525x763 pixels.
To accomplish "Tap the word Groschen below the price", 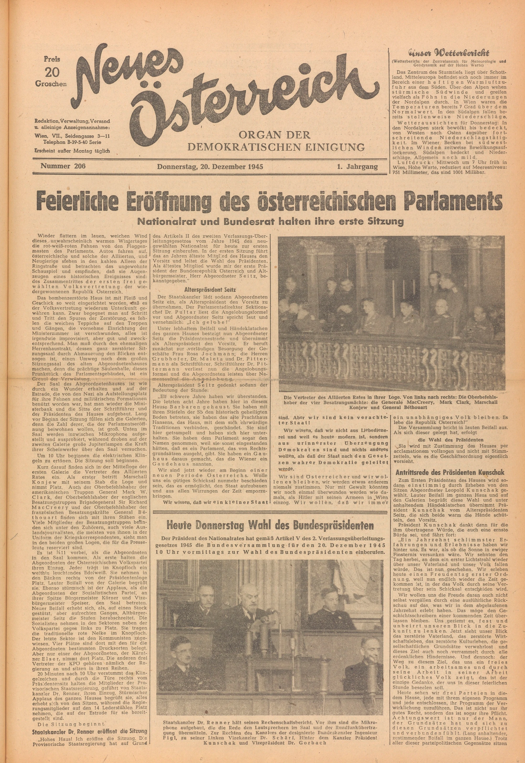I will [x=51, y=84].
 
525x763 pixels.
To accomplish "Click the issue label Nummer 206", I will [x=63, y=166].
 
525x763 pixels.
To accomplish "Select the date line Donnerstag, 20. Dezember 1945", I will [x=210, y=166].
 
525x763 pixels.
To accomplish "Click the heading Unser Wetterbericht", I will [x=449, y=53].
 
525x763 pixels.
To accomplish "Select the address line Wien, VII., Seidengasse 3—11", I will [x=72, y=135].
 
